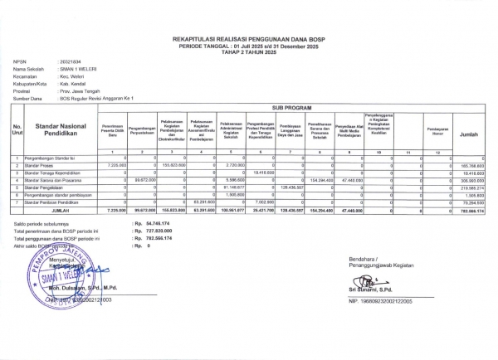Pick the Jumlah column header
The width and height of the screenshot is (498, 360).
[x=467, y=133]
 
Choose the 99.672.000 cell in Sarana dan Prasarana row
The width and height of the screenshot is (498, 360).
[x=136, y=181]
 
